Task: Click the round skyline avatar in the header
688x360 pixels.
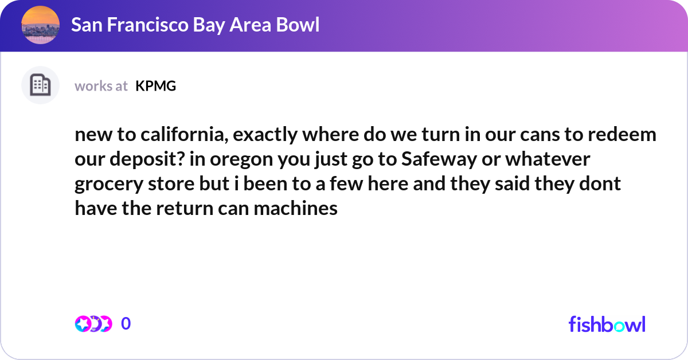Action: point(40,25)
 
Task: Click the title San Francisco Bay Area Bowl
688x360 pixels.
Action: point(195,25)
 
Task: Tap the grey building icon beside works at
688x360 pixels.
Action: point(40,85)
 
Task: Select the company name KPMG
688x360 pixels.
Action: point(155,86)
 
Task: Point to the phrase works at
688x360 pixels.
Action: point(101,86)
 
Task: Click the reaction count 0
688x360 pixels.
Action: point(126,324)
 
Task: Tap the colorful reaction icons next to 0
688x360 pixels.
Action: point(93,324)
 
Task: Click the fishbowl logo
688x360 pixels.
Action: point(607,324)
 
